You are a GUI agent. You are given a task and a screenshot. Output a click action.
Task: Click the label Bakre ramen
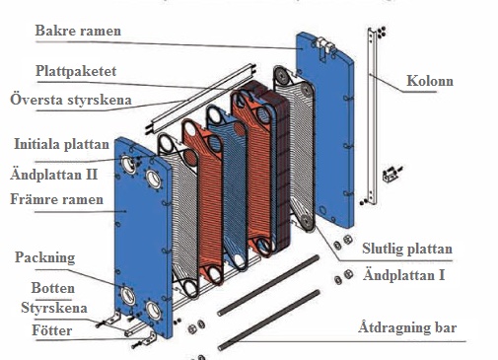click(78, 31)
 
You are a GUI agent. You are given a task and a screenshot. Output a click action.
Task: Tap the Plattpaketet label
click(76, 71)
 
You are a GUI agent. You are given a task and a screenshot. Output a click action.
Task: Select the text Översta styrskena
click(71, 100)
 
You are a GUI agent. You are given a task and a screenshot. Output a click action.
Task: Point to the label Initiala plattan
click(61, 144)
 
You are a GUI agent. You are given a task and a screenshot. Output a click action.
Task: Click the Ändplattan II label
click(54, 174)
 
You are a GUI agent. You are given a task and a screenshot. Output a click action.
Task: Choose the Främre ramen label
click(56, 199)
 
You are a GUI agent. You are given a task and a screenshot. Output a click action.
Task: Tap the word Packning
click(45, 257)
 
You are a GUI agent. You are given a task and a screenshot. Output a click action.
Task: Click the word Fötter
click(52, 330)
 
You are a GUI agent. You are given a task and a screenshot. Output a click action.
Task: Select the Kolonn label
click(430, 81)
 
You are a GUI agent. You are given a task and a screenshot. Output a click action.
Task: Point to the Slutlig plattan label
click(407, 249)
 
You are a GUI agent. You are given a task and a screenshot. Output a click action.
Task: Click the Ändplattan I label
click(404, 275)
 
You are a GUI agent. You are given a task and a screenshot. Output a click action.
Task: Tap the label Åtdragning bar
click(407, 327)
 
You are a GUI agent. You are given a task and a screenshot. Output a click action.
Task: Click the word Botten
click(53, 288)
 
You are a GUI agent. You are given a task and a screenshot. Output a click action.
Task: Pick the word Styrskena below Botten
click(54, 308)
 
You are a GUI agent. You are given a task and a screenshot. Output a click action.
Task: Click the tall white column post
click(373, 115)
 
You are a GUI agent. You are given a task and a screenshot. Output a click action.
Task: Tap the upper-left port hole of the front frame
click(128, 164)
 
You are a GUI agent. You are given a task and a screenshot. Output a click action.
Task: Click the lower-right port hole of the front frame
click(154, 310)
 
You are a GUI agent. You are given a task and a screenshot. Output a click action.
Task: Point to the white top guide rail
click(200, 99)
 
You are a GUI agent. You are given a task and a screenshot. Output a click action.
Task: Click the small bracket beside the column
click(391, 175)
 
